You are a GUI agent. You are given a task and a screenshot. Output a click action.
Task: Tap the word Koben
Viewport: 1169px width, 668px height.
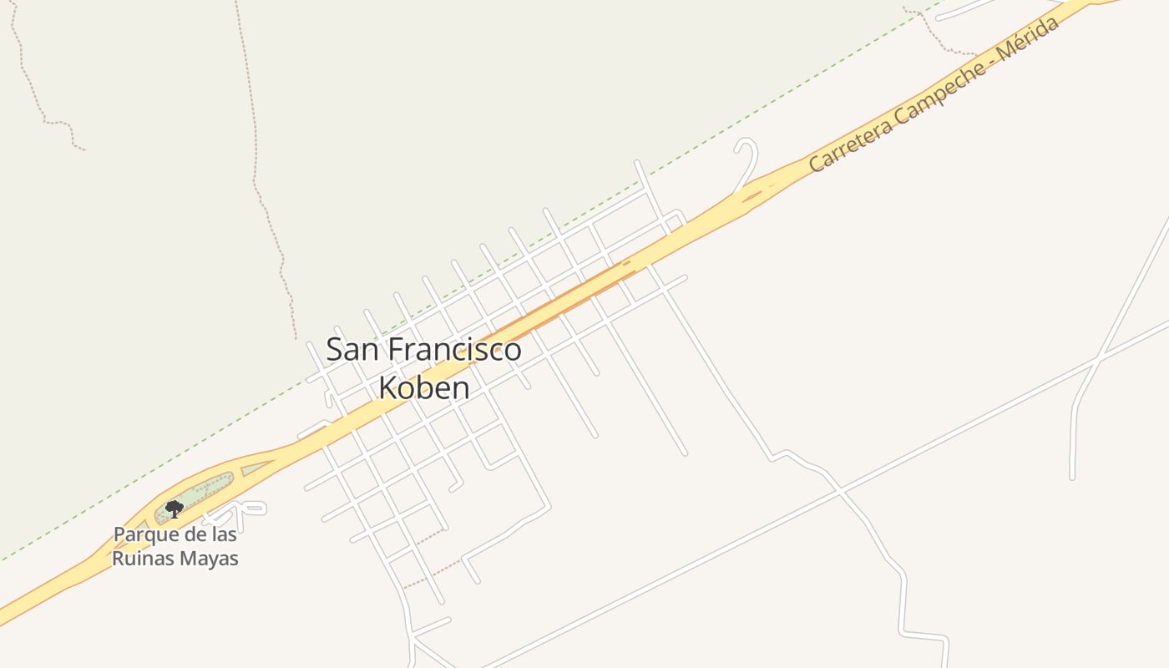[x=423, y=387]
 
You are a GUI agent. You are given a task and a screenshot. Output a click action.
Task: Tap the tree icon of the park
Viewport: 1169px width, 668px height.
[x=174, y=509]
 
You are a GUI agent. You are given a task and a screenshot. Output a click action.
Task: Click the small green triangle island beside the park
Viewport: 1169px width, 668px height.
[x=256, y=468]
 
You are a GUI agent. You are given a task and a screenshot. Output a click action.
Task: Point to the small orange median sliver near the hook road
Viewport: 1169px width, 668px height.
[x=751, y=197]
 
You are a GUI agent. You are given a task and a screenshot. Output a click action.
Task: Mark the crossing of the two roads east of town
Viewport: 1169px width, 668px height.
[x=1097, y=360]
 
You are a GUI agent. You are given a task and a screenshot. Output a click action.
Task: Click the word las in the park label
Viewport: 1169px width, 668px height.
[x=221, y=534]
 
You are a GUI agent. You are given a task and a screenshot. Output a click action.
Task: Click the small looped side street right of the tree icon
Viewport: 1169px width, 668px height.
[x=242, y=508]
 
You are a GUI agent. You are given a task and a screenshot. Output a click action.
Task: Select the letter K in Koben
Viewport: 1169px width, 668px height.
[x=387, y=387]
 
